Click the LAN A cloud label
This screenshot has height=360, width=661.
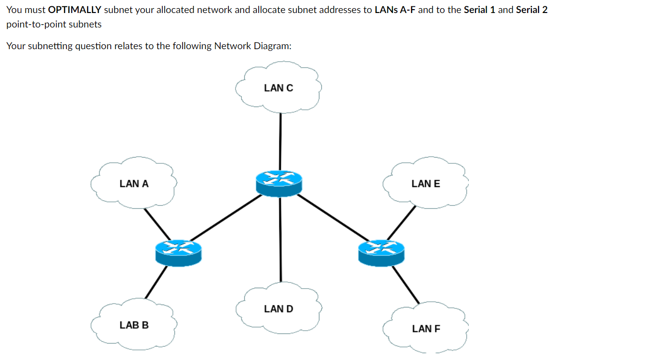pyautogui.click(x=134, y=184)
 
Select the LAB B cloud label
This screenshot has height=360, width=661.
pyautogui.click(x=134, y=325)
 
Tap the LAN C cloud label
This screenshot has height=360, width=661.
pyautogui.click(x=278, y=88)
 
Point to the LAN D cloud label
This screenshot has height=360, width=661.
pyautogui.click(x=278, y=309)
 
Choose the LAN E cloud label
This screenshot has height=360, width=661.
pyautogui.click(x=426, y=184)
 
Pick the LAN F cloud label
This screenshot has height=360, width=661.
pyautogui.click(x=426, y=329)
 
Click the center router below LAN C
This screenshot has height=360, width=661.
pyautogui.click(x=278, y=184)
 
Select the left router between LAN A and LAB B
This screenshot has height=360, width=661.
pyautogui.click(x=178, y=253)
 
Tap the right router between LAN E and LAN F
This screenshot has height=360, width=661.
pyautogui.click(x=381, y=253)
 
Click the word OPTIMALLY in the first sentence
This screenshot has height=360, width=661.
pyautogui.click(x=75, y=10)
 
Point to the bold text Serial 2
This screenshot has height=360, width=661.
pyautogui.click(x=531, y=10)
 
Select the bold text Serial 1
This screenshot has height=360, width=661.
pyautogui.click(x=479, y=10)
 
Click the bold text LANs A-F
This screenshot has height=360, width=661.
pyautogui.click(x=395, y=10)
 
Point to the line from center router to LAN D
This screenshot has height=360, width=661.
pyautogui.click(x=280, y=241)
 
